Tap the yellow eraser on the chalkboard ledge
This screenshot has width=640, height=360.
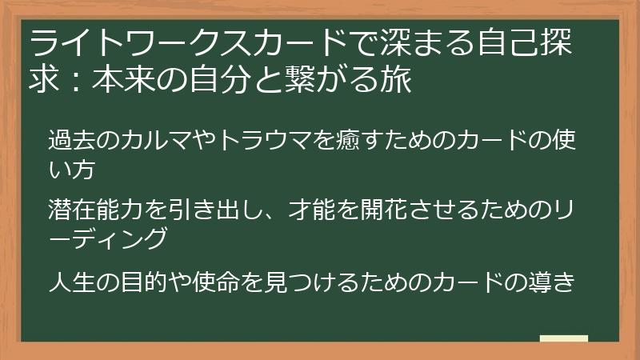(563, 338)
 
